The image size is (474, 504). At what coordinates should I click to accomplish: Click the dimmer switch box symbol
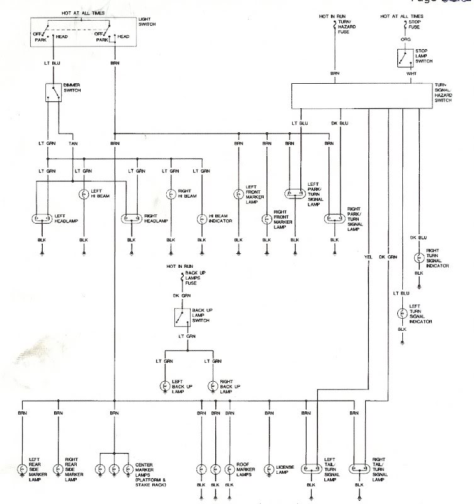click(53, 93)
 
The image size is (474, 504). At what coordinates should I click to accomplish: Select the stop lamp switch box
click(403, 59)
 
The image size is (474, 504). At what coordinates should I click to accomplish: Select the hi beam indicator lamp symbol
click(201, 219)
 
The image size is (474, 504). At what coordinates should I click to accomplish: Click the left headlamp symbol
click(42, 219)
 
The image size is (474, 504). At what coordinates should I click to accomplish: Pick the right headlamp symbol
click(132, 219)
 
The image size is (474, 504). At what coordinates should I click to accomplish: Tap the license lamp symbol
click(269, 469)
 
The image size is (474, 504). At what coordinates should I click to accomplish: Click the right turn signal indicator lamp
click(419, 258)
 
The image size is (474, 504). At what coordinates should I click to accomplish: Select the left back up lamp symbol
click(165, 386)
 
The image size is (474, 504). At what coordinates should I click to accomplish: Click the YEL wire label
click(368, 256)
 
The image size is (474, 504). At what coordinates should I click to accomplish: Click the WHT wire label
click(412, 74)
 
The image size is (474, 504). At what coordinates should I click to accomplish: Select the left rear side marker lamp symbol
click(23, 469)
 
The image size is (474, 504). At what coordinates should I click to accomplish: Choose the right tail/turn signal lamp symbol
click(359, 469)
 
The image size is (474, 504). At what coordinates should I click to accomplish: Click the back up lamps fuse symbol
click(183, 277)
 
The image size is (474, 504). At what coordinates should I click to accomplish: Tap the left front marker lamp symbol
click(238, 195)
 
